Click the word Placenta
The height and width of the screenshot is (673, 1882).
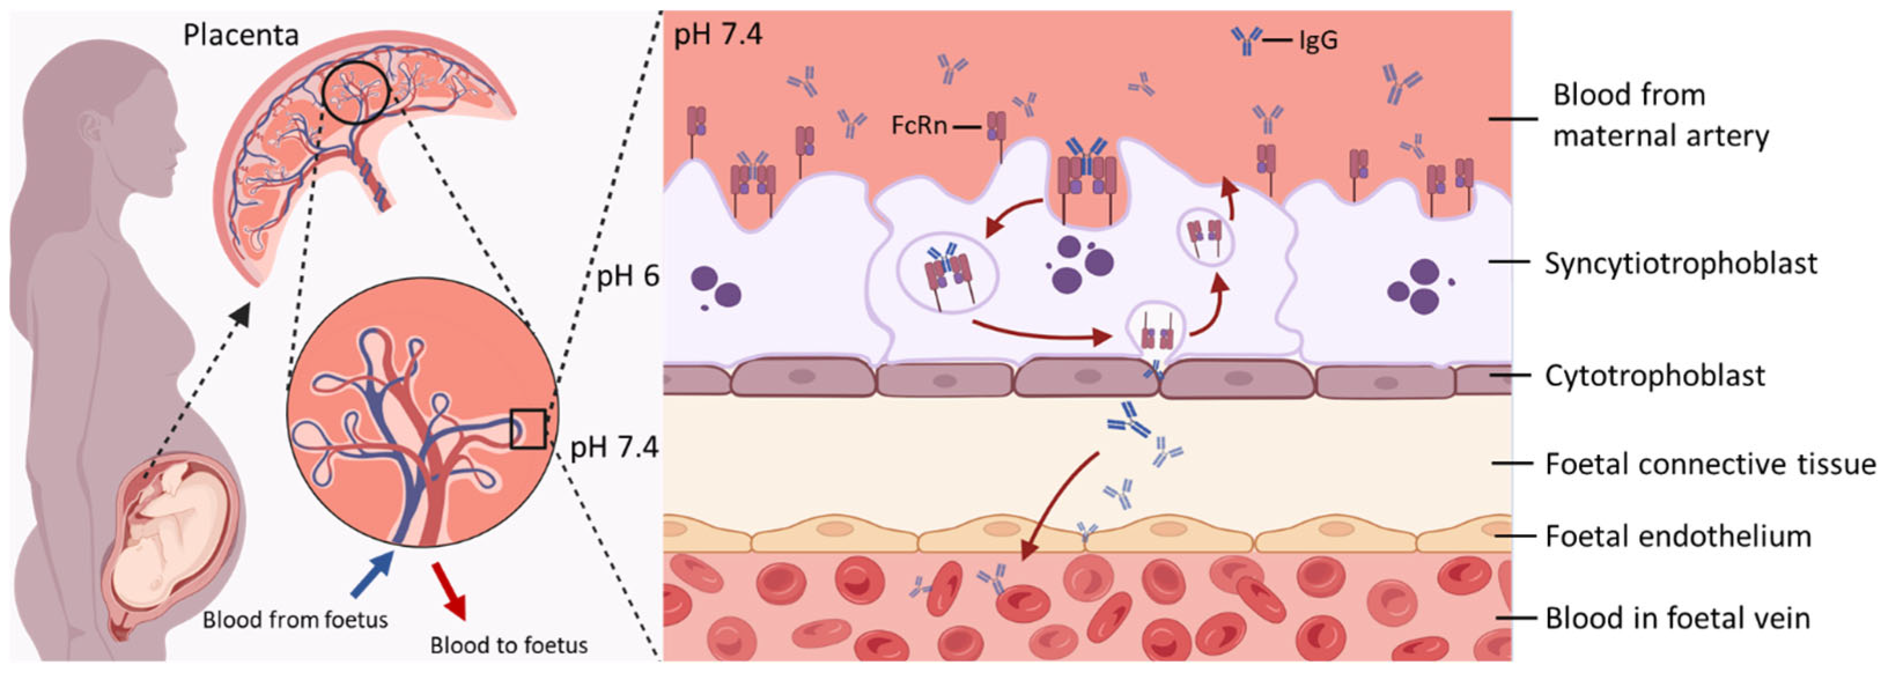click(241, 35)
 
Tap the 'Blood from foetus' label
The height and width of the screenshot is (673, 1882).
click(295, 620)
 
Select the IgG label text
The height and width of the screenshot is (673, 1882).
click(1318, 40)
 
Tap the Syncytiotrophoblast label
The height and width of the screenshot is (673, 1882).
click(1680, 264)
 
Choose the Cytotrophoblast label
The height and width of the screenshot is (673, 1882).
click(1655, 376)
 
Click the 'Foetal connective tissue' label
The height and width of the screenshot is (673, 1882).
click(1710, 464)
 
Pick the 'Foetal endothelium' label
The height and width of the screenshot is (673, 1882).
click(1678, 537)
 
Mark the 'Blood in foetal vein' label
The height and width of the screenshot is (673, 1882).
click(1677, 618)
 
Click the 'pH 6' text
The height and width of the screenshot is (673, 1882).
click(627, 276)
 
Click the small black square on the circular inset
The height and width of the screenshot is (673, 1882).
click(527, 429)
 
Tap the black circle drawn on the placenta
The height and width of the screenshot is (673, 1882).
click(356, 91)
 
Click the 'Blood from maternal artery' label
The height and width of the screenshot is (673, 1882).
click(1660, 116)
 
